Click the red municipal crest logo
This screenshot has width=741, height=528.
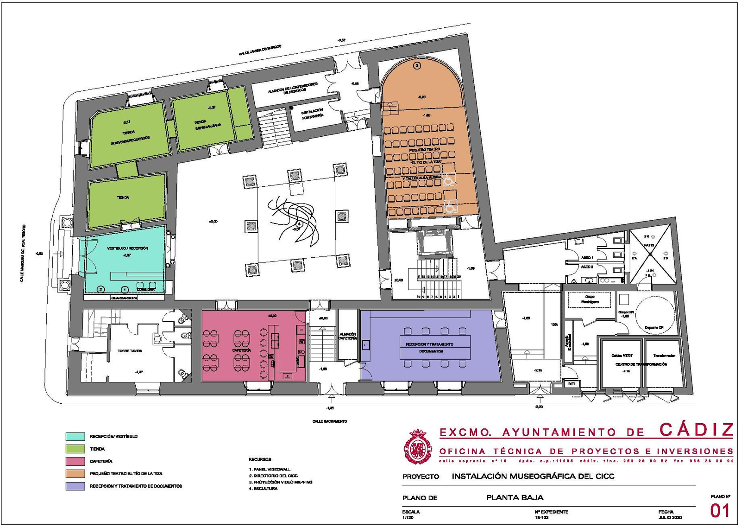[418, 447]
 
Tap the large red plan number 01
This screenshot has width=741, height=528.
[720, 511]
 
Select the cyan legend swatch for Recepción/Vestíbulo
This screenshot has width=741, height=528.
[75, 437]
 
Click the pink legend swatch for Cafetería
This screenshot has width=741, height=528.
[75, 461]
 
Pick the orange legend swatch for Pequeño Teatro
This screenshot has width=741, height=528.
[75, 474]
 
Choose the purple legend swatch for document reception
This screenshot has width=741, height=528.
[75, 486]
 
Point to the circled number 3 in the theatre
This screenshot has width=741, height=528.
[417, 66]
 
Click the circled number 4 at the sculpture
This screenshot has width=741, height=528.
[299, 224]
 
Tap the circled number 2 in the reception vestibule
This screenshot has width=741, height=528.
[101, 289]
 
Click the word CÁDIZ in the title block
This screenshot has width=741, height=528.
[696, 430]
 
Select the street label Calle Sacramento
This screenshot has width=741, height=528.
[329, 421]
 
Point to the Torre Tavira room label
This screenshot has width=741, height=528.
[130, 351]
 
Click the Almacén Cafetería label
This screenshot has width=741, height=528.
[347, 336]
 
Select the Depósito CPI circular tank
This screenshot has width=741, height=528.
[654, 314]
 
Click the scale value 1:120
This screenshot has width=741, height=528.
[408, 517]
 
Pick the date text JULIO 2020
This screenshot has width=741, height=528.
[670, 517]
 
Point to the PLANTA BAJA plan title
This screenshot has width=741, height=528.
[515, 498]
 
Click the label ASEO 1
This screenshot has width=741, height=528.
[587, 257]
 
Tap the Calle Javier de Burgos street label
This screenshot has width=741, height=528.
[260, 51]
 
